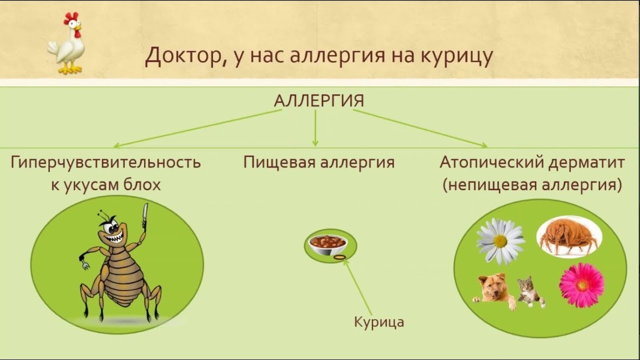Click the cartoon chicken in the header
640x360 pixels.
[x=67, y=43]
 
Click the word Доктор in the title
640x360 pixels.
[x=183, y=56]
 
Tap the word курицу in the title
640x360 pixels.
[x=457, y=56]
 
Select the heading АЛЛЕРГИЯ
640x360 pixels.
[x=319, y=100]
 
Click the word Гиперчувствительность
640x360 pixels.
[x=105, y=162]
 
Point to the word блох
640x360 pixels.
[x=142, y=185]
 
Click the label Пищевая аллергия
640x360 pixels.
[x=319, y=162]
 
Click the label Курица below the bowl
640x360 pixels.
[x=379, y=322]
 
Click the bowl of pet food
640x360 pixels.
[x=328, y=245]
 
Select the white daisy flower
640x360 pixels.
[x=500, y=241]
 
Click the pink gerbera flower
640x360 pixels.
[x=581, y=285]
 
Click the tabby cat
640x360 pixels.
[x=531, y=292]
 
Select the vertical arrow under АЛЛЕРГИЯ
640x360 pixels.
[x=315, y=128]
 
